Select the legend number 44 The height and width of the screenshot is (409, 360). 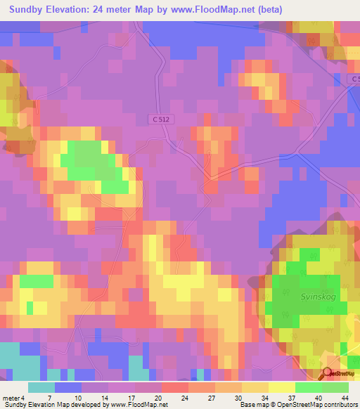click(x=344, y=397)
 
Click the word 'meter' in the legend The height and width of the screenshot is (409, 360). click(x=10, y=397)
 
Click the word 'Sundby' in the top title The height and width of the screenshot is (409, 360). click(x=26, y=10)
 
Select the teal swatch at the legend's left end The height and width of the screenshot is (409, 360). click(x=41, y=387)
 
